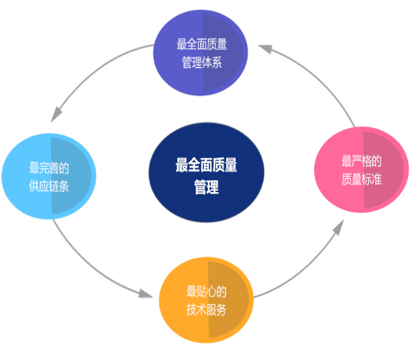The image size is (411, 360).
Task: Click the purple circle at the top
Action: [200, 52]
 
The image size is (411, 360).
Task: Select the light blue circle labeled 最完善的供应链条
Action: [49, 176]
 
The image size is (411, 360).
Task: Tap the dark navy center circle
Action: [207, 172]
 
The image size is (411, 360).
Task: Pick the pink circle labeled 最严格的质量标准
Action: [362, 169]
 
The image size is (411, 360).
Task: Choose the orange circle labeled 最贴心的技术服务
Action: [207, 300]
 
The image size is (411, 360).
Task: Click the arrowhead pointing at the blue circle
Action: [56, 115]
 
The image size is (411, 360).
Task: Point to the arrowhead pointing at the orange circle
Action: [145, 294]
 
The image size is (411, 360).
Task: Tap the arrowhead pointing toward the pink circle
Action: [339, 227]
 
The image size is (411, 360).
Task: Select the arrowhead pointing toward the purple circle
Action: [266, 49]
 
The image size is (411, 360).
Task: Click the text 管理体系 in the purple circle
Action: [201, 63]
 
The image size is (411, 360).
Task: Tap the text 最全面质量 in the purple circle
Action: [201, 44]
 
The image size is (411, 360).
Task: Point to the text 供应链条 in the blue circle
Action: [49, 186]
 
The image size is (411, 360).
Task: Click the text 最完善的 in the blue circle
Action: [49, 168]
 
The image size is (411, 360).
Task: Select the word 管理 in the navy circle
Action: [207, 187]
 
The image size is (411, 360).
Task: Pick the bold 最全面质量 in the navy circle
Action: [207, 165]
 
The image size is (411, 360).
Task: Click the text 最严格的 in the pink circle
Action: [362, 161]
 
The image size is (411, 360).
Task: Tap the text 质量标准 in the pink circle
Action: [362, 179]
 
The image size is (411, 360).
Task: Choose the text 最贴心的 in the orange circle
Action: [207, 292]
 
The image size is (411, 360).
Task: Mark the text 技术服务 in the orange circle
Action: [207, 310]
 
